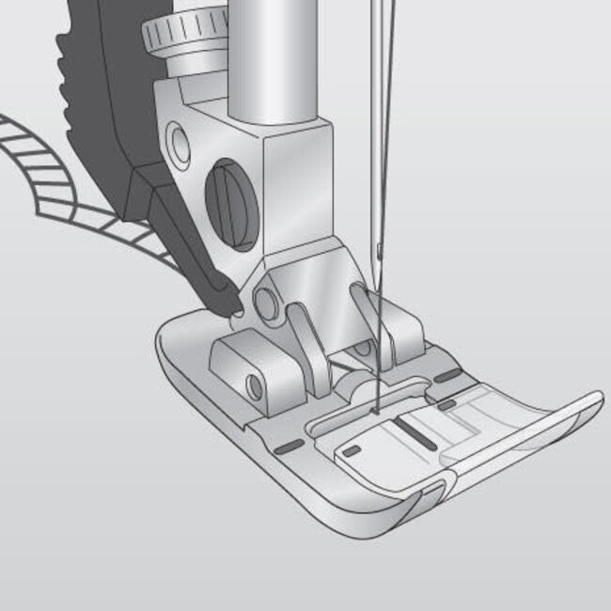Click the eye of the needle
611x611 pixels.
pos(378,251)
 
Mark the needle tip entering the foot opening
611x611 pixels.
pos(372,407)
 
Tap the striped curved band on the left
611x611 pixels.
pos(56,179)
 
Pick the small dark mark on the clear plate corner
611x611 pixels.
pos(352,452)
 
